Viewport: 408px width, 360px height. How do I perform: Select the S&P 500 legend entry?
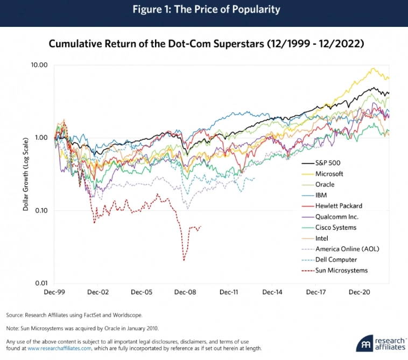click(x=327, y=163)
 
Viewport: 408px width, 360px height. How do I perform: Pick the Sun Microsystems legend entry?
click(x=341, y=271)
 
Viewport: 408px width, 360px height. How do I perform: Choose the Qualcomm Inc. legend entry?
click(x=336, y=217)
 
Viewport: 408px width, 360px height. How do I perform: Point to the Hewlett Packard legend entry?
click(x=339, y=206)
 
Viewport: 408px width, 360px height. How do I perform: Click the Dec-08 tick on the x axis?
click(x=185, y=292)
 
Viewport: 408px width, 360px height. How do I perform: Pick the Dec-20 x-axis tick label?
click(x=358, y=292)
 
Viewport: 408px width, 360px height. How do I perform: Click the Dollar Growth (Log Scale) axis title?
click(x=25, y=173)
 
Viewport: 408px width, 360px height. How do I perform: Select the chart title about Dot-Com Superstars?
click(x=207, y=44)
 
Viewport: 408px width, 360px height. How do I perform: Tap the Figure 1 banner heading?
click(x=203, y=10)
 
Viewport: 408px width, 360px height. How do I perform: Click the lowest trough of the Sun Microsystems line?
click(x=184, y=260)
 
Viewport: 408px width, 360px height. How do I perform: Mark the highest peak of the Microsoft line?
click(x=372, y=68)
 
